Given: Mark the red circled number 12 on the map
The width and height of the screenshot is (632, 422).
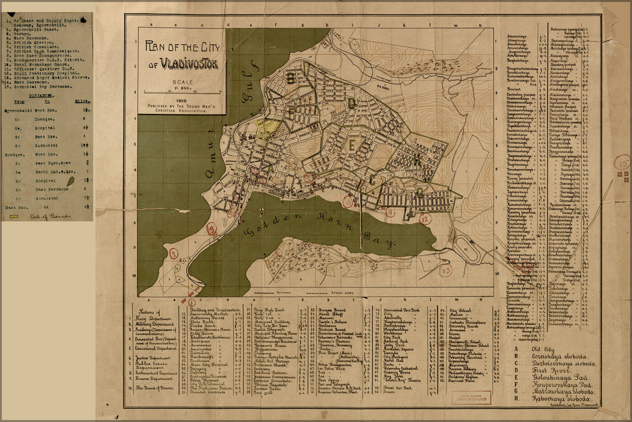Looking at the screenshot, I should pyautogui.click(x=426, y=219).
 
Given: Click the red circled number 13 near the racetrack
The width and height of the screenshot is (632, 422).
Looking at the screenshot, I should pyautogui.click(x=445, y=271).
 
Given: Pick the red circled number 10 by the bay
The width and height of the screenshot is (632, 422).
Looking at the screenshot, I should pyautogui.click(x=348, y=203).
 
